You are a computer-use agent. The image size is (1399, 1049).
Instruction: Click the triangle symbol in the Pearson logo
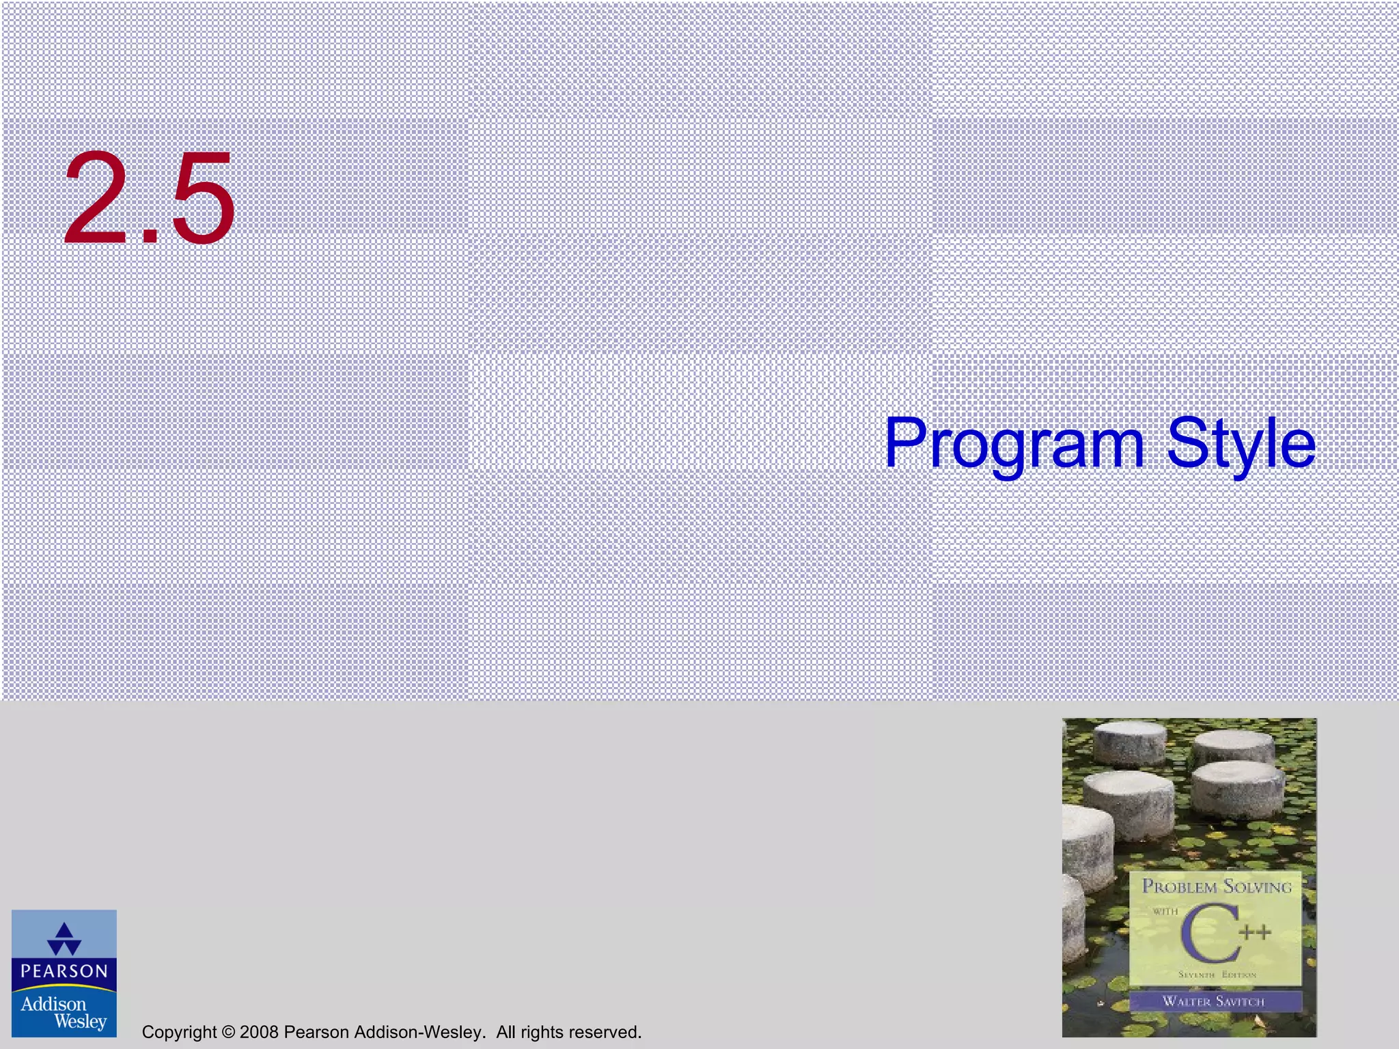pyautogui.click(x=64, y=939)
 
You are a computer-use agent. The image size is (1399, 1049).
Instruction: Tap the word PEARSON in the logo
pyautogui.click(x=64, y=971)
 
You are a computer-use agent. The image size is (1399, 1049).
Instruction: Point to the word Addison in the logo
pyautogui.click(x=53, y=1004)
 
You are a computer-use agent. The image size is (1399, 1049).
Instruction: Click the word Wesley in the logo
pyautogui.click(x=81, y=1022)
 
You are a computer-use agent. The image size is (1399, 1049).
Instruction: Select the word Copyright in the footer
pyautogui.click(x=179, y=1032)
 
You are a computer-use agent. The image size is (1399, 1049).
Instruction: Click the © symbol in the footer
pyautogui.click(x=228, y=1032)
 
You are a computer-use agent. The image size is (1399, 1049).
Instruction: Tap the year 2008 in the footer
pyautogui.click(x=259, y=1032)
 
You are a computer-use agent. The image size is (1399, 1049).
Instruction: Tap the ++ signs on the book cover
pyautogui.click(x=1255, y=932)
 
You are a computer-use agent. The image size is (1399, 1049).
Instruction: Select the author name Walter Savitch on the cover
pyautogui.click(x=1214, y=1001)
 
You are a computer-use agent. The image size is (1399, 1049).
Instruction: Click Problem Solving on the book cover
pyautogui.click(x=1217, y=886)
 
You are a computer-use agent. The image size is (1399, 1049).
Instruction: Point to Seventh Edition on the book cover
pyautogui.click(x=1217, y=975)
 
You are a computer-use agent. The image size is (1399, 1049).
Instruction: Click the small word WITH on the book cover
pyautogui.click(x=1165, y=911)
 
